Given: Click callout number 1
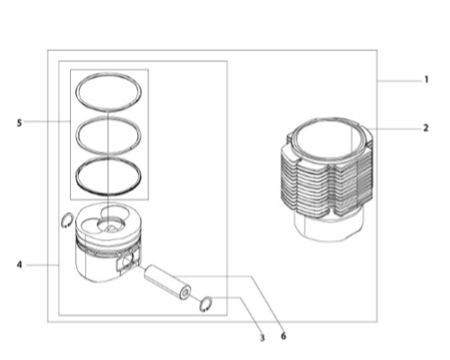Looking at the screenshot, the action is coord(427,80).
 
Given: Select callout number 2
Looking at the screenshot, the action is coord(426,128).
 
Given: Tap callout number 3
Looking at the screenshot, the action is coord(262,338).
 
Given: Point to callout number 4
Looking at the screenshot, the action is coord(20,265).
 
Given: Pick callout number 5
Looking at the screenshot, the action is coord(20,123).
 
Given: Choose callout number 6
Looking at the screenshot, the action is coord(283,336).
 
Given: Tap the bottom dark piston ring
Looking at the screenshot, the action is coord(108,194).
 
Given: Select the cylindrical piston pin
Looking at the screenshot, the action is coord(168,281).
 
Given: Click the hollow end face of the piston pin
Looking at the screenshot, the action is coord(186,293).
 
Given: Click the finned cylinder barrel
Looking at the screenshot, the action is coord(327,179).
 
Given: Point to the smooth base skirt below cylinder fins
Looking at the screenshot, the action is coord(329,228).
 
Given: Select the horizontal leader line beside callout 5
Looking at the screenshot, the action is coord(47,122).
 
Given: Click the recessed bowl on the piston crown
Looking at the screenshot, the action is coord(111,225).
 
